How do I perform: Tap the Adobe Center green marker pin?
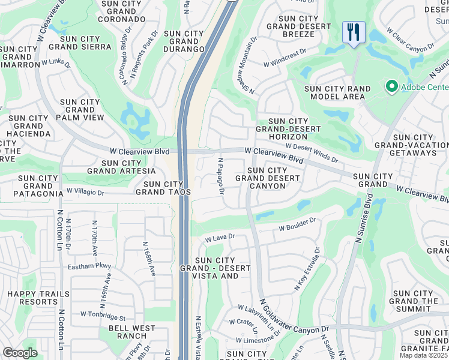392,87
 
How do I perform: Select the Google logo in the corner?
20,353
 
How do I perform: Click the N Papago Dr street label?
221,176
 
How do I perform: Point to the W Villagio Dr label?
85,193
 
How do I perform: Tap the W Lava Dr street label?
219,238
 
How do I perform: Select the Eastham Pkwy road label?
89,266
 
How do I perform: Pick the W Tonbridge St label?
103,314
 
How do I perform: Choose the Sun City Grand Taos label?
163,188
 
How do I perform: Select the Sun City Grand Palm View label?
80,110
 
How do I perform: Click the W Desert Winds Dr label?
312,153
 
